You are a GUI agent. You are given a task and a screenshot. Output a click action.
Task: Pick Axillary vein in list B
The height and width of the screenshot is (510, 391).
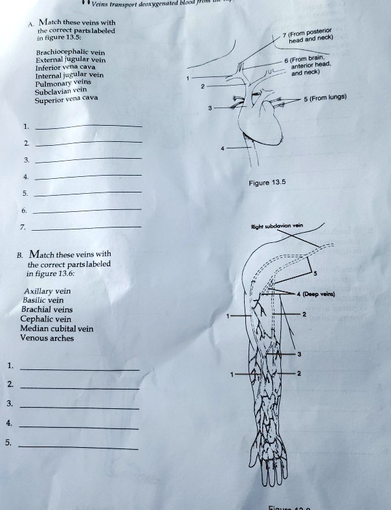[x=46, y=292]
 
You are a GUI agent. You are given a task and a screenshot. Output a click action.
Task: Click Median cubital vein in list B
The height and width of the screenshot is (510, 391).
[x=57, y=329]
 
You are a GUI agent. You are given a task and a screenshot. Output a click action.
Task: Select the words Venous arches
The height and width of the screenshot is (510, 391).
[x=47, y=338]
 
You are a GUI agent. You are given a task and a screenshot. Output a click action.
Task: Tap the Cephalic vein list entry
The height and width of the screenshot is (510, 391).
[x=46, y=319]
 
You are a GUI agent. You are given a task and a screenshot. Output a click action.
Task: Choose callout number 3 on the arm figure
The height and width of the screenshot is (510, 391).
[x=299, y=354]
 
